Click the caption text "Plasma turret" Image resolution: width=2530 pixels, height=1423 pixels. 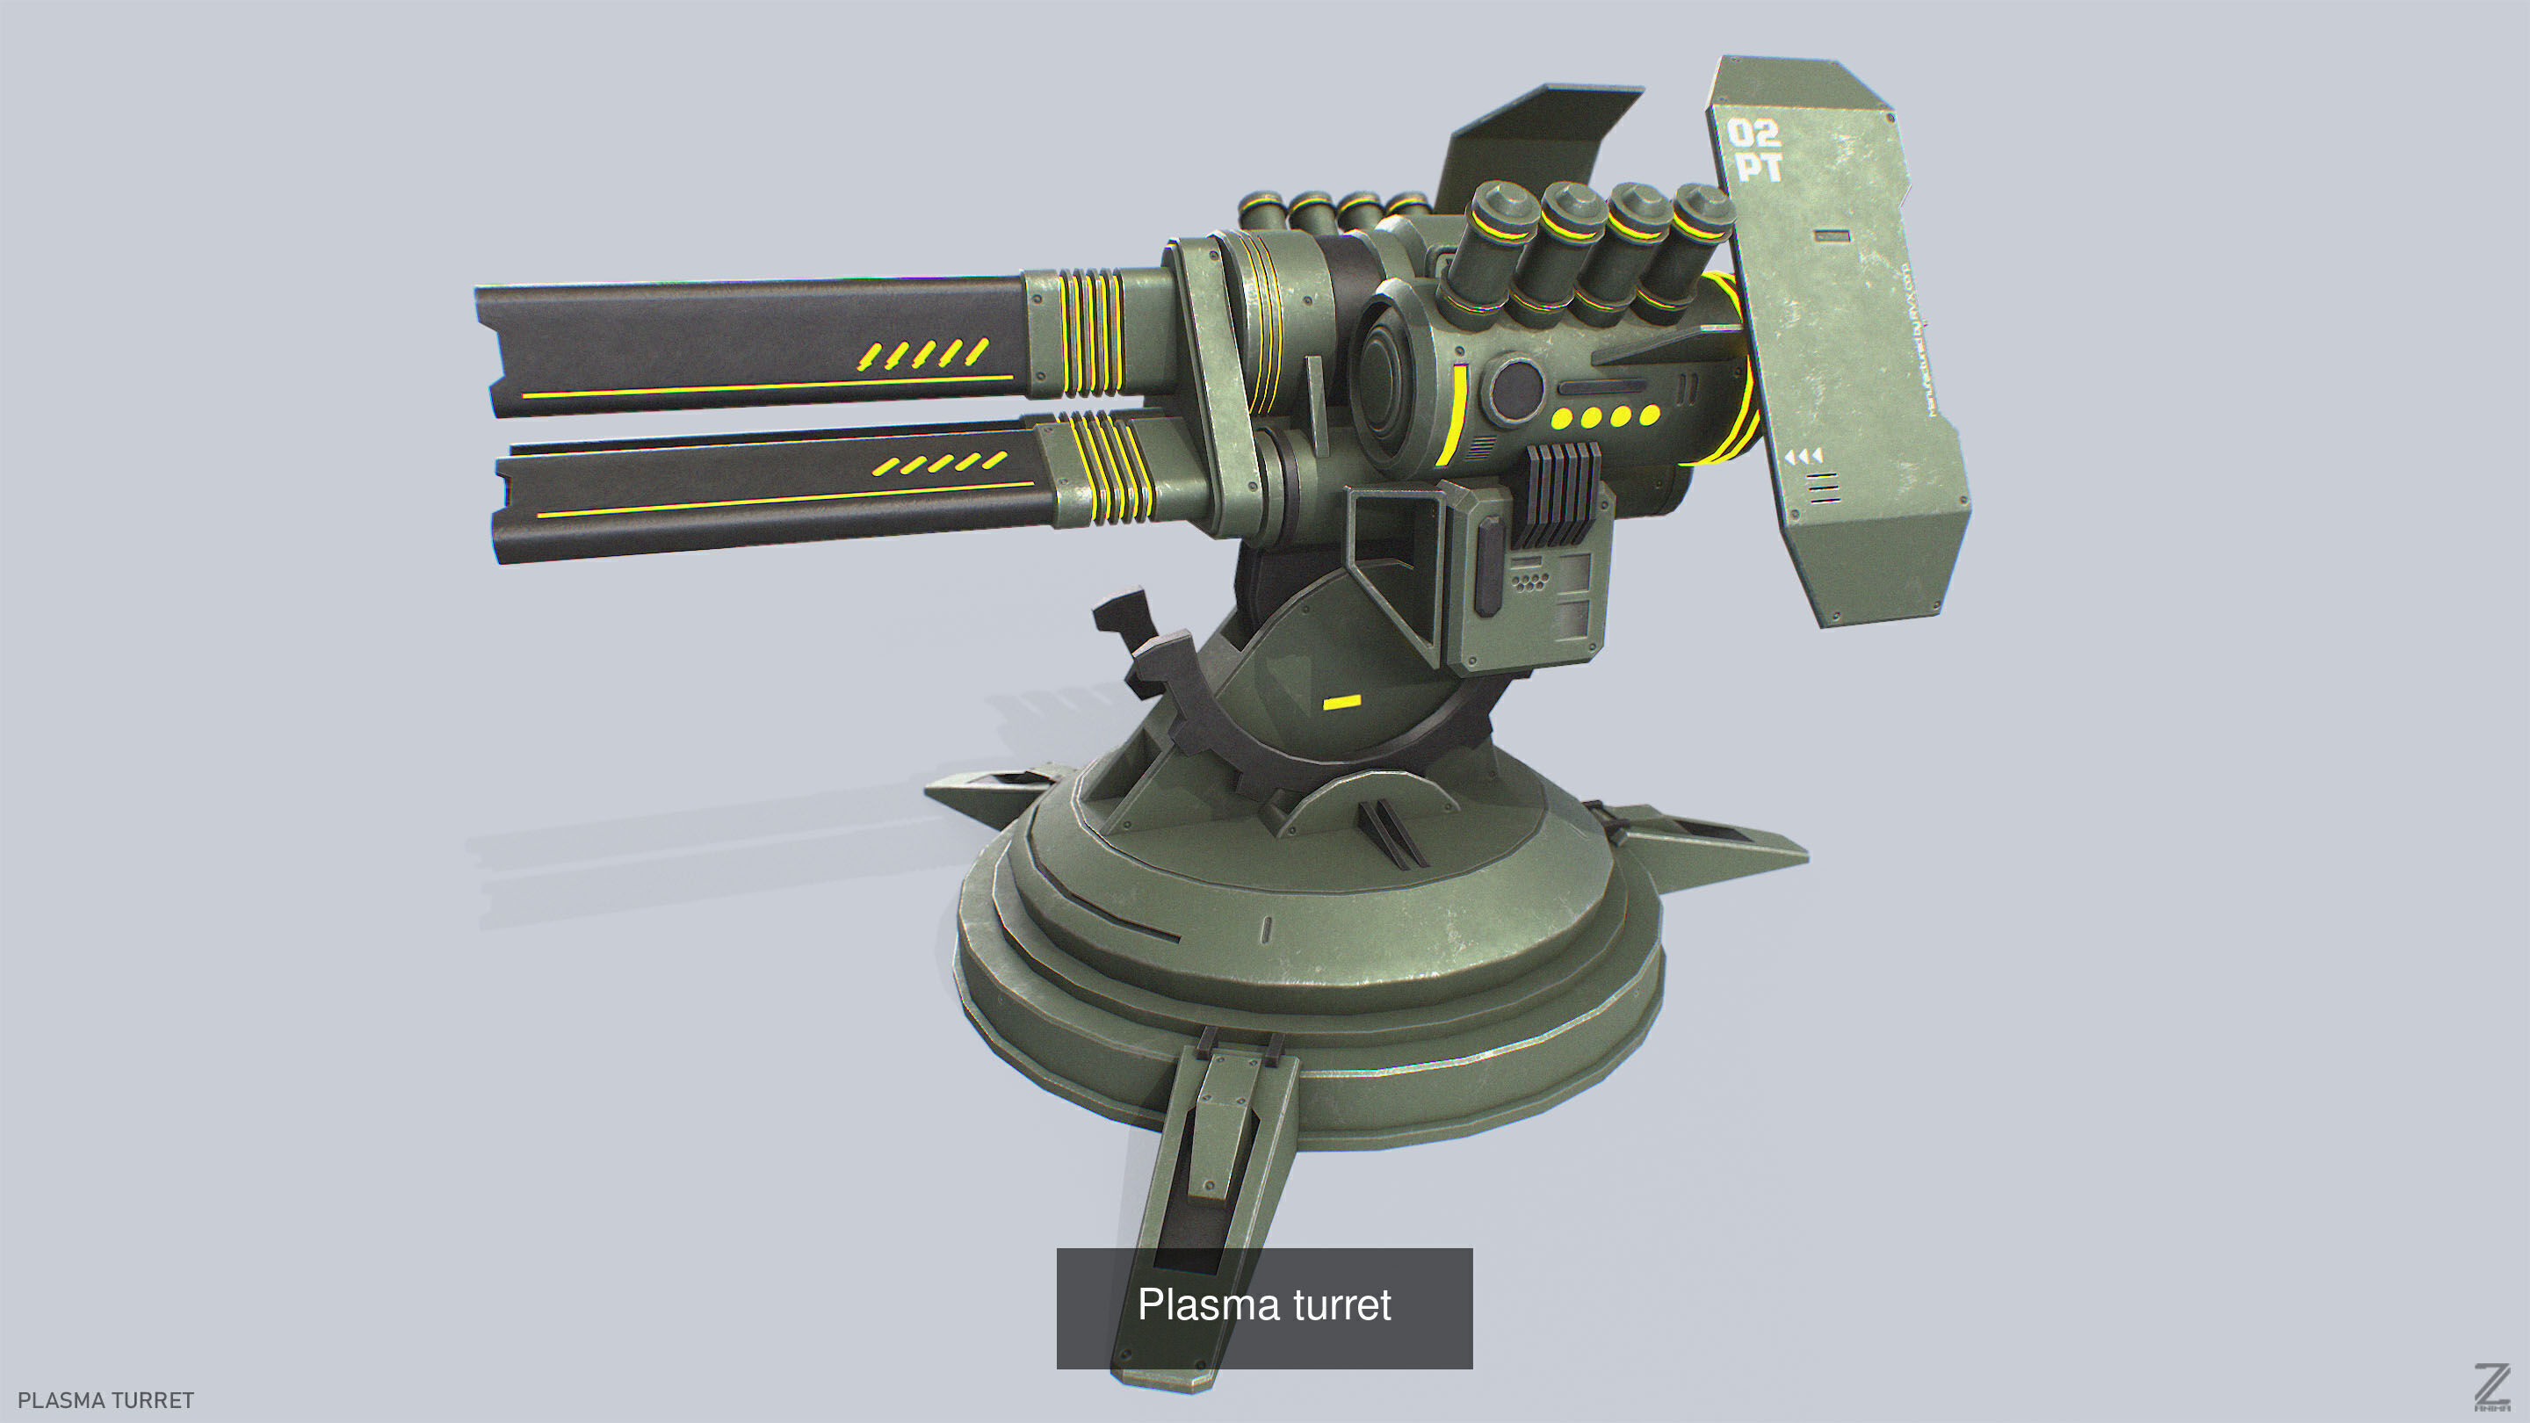pyautogui.click(x=1264, y=1305)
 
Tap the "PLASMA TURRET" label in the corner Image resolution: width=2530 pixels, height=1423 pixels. pyautogui.click(x=106, y=1399)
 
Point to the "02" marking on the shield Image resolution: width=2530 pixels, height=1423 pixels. pyautogui.click(x=1753, y=133)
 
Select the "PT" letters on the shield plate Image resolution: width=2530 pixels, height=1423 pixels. pyautogui.click(x=1758, y=168)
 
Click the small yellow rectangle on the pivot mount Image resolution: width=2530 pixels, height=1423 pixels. pyautogui.click(x=1341, y=702)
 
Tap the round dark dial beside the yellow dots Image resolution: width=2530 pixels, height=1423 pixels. pyautogui.click(x=1515, y=388)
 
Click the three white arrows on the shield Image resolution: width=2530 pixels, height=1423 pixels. pyautogui.click(x=1804, y=457)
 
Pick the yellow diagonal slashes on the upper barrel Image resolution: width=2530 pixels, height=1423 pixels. pyautogui.click(x=922, y=353)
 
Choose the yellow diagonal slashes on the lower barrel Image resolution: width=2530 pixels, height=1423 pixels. pyautogui.click(x=940, y=464)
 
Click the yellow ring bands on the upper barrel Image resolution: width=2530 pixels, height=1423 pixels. pyautogui.click(x=1090, y=332)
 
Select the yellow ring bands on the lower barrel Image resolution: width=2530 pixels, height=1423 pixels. pyautogui.click(x=1110, y=467)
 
